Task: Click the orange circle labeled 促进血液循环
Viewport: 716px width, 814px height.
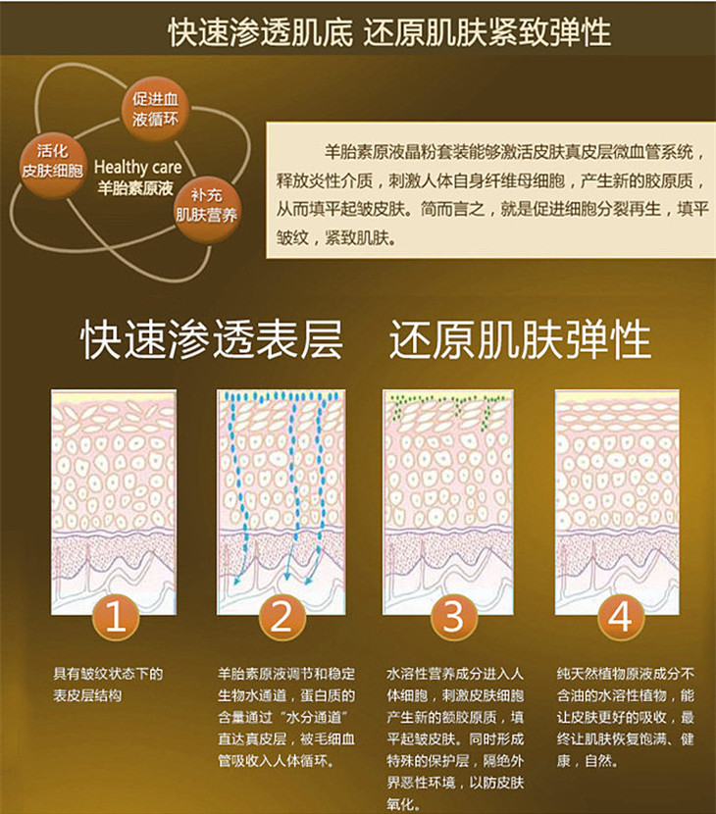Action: coord(155,109)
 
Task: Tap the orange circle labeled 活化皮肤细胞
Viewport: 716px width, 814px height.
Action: coord(52,162)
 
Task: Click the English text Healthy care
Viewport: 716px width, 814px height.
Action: coord(137,167)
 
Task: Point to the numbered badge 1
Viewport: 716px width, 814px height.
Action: coord(116,617)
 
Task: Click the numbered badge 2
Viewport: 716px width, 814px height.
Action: coord(281,617)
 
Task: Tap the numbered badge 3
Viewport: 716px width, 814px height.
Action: coord(453,617)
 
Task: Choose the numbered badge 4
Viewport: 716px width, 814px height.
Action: coord(620,617)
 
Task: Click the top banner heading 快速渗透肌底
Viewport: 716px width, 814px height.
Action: coord(260,31)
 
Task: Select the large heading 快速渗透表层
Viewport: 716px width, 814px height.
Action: coord(212,339)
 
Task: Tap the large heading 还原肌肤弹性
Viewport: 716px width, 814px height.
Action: coord(520,339)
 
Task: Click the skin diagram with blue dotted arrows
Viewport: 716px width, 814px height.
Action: coord(281,502)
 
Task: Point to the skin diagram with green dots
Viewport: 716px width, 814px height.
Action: coord(448,502)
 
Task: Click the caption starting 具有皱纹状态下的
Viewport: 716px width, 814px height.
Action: coord(108,685)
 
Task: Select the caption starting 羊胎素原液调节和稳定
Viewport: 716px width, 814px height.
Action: coord(286,717)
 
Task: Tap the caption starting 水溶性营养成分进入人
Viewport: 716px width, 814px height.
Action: coord(455,738)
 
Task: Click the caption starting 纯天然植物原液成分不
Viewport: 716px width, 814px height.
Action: coord(626,717)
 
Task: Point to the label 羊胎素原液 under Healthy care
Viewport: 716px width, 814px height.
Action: coord(135,187)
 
